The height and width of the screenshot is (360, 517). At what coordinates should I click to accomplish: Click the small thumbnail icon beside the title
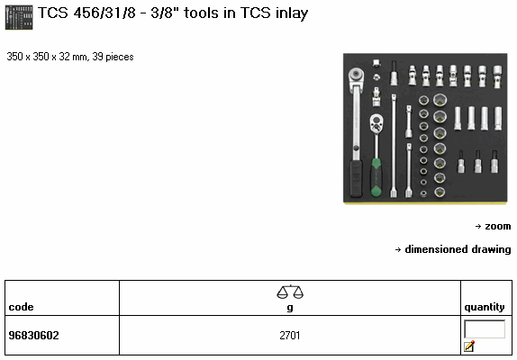coord(19,17)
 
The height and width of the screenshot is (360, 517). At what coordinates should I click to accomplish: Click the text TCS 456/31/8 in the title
coord(86,13)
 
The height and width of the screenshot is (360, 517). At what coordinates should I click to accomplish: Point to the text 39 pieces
coord(113,57)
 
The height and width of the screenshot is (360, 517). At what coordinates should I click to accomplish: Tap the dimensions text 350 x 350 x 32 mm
coord(47,57)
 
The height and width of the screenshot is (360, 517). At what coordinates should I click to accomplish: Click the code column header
coord(21,307)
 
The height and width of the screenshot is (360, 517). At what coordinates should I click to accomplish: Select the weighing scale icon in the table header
coord(290,292)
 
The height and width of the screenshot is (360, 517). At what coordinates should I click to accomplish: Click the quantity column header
coord(485,307)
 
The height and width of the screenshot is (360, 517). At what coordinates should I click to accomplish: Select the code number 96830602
coord(33,336)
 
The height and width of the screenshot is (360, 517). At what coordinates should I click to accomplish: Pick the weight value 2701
coord(290,336)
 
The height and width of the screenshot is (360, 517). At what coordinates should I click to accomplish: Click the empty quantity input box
coord(485,328)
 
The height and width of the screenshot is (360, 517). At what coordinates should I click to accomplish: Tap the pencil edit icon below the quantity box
coord(469,346)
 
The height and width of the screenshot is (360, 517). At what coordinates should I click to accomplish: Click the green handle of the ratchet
coord(376,177)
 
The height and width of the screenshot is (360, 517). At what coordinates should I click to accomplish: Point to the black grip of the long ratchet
coord(356,178)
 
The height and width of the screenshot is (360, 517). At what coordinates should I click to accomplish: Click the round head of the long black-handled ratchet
coord(356,76)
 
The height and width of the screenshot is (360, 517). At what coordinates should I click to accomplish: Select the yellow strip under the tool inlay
coord(425,203)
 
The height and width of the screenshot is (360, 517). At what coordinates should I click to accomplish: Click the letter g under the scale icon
coord(290,308)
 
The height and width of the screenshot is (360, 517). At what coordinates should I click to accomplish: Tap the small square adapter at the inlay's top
coord(376,63)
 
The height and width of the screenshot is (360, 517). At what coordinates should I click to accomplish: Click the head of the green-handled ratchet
coord(376,123)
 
